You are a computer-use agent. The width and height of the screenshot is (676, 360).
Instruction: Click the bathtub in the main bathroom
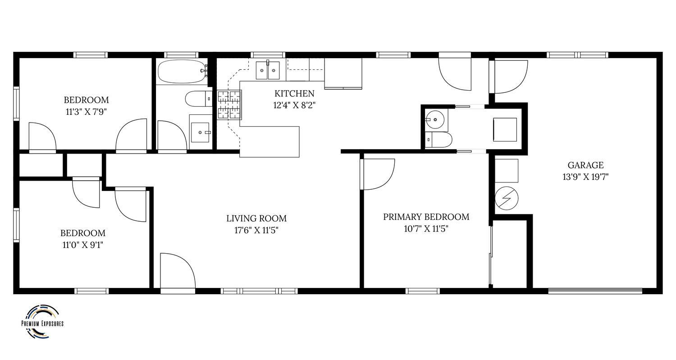click(182, 71)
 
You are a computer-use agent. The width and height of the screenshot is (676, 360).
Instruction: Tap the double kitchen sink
click(268, 70)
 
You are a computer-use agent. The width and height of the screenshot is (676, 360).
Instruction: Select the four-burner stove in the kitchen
click(229, 105)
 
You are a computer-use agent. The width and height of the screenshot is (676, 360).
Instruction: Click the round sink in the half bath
click(435, 119)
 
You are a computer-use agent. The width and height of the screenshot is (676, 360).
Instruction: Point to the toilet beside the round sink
click(438, 139)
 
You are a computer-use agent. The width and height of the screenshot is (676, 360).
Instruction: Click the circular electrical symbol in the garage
click(507, 198)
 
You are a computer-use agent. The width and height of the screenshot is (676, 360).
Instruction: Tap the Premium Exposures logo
click(42, 321)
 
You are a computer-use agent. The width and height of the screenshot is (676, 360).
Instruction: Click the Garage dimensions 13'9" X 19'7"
click(585, 177)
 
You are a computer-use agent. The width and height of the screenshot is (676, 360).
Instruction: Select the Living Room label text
click(256, 218)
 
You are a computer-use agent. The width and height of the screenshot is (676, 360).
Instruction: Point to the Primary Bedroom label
click(426, 217)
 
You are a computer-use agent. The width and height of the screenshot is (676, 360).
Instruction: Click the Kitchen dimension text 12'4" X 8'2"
click(294, 105)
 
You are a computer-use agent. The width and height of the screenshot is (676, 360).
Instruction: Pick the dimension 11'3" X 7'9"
click(87, 112)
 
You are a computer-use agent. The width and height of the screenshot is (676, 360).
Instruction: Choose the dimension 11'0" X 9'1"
click(82, 245)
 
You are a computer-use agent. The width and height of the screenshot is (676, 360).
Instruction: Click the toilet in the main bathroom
click(199, 98)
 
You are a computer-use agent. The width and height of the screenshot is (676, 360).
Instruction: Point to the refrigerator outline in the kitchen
click(343, 73)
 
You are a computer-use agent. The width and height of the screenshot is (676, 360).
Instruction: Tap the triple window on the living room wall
click(259, 291)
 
